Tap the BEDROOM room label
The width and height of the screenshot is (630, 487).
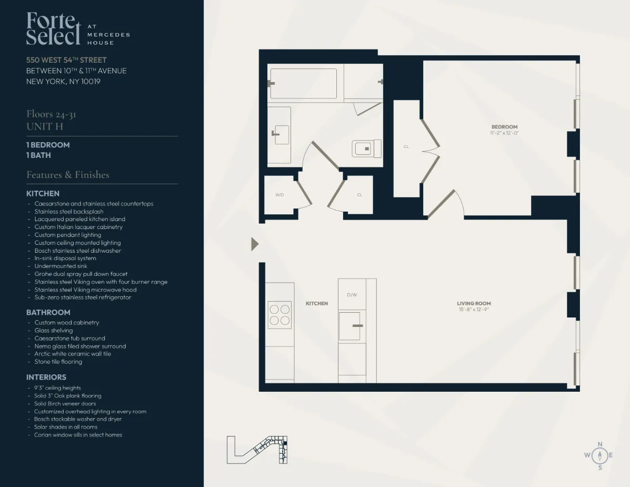click(x=504, y=127)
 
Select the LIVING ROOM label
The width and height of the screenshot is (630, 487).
click(x=474, y=303)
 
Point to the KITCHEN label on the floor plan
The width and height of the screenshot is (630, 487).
click(x=317, y=303)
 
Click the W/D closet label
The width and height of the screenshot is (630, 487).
click(x=279, y=195)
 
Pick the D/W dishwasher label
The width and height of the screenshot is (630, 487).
click(x=352, y=295)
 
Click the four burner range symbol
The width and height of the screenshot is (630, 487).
click(x=279, y=314)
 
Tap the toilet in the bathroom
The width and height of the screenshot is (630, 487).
click(x=367, y=148)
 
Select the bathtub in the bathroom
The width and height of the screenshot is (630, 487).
click(x=303, y=83)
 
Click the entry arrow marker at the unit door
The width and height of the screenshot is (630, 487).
click(x=255, y=244)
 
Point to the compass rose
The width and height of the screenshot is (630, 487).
click(x=599, y=455)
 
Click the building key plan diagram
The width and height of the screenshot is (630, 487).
click(x=257, y=450)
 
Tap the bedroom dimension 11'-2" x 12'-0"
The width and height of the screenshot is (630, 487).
click(x=504, y=133)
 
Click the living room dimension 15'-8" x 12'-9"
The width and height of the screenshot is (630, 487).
click(x=474, y=310)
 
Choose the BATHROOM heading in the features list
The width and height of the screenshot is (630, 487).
click(x=48, y=312)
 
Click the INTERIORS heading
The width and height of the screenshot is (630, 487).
click(x=46, y=377)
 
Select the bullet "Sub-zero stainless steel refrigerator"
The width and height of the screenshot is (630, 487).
click(x=83, y=297)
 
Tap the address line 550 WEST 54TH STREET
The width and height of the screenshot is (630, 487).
click(x=66, y=60)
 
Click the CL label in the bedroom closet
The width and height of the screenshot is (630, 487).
click(x=406, y=147)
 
